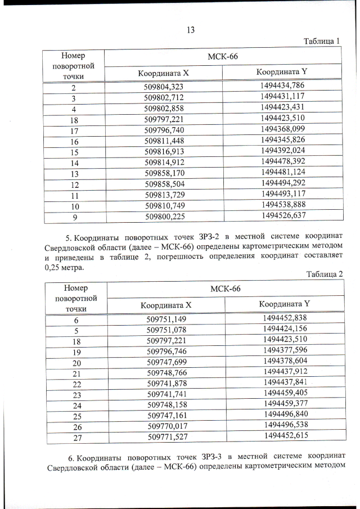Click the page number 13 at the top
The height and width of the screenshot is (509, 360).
[190, 30]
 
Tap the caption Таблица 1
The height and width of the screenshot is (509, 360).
[322, 41]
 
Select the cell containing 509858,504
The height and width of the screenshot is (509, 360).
[164, 184]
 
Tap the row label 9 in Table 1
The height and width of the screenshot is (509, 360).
[74, 215]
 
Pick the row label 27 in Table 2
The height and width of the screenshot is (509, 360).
[76, 436]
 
